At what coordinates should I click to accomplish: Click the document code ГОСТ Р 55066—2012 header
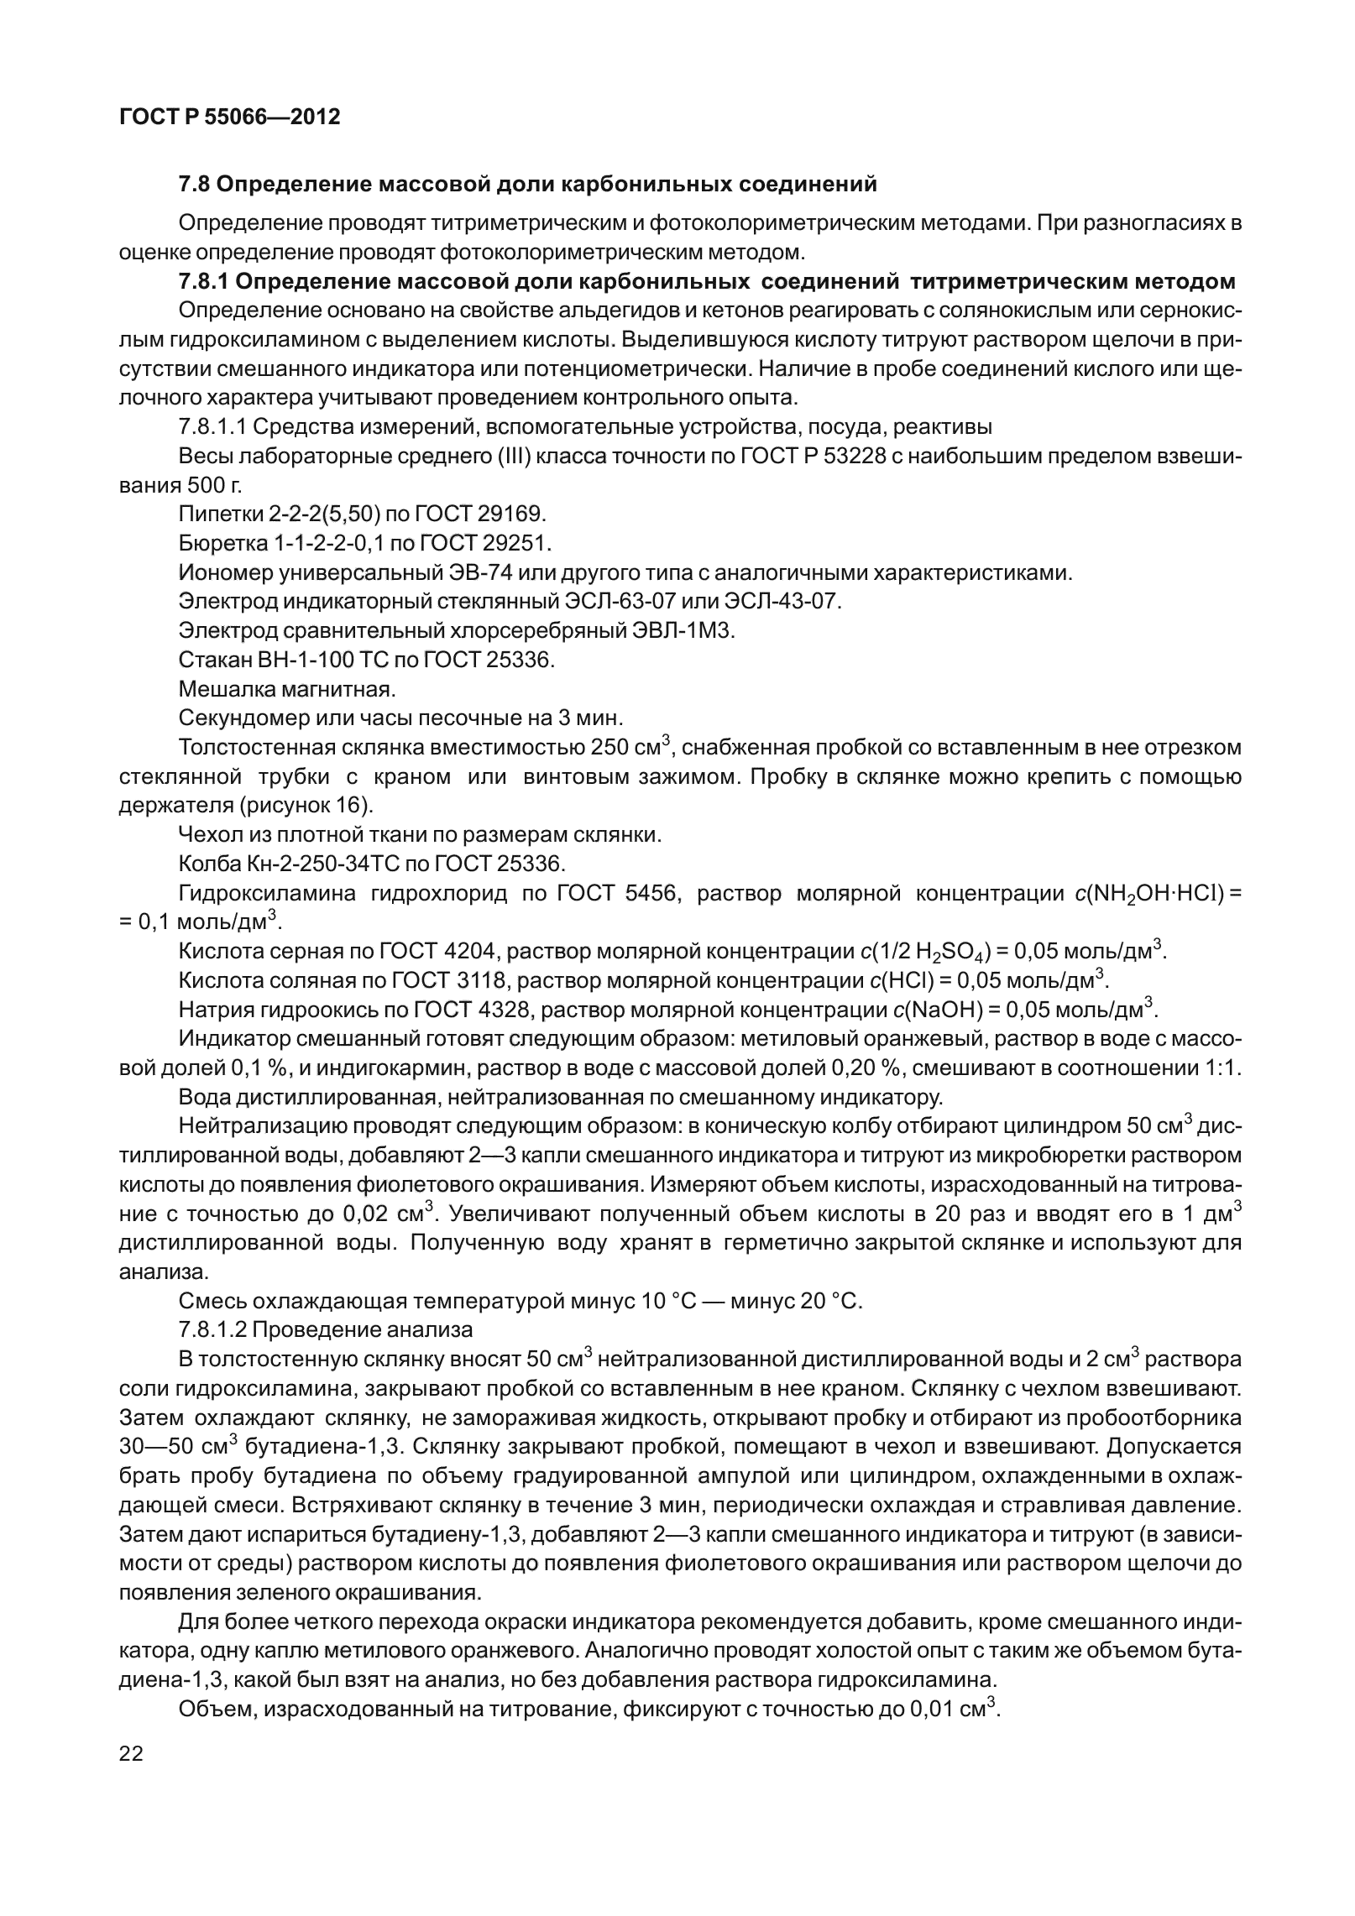tap(230, 117)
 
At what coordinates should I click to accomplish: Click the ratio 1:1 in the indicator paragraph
tap(1227, 1069)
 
